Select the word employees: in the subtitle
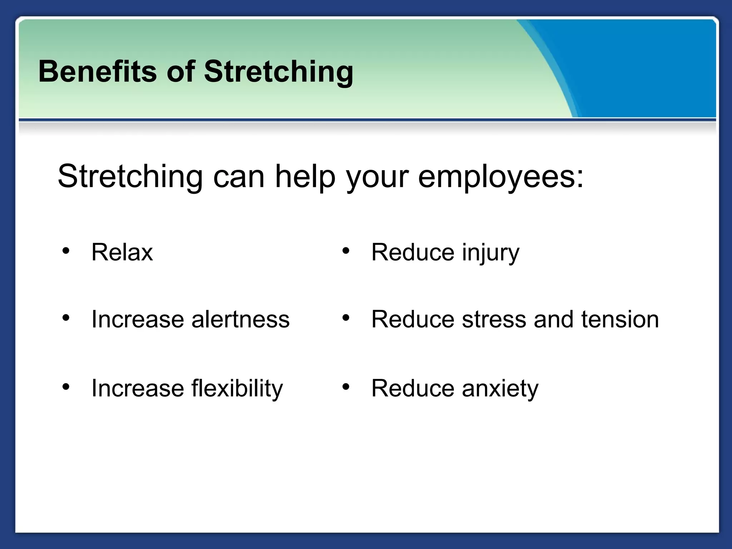pyautogui.click(x=501, y=177)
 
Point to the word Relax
pyautogui.click(x=122, y=252)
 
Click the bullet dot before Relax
pyautogui.click(x=65, y=251)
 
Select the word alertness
pyautogui.click(x=240, y=319)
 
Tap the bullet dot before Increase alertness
pyautogui.click(x=65, y=317)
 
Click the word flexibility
pyautogui.click(x=237, y=389)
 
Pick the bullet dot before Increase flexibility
pyautogui.click(x=65, y=387)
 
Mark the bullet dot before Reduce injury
pyautogui.click(x=345, y=251)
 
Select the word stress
pyautogui.click(x=494, y=319)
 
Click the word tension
pyautogui.click(x=620, y=319)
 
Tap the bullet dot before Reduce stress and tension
pyautogui.click(x=345, y=317)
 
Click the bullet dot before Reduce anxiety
pyautogui.click(x=345, y=387)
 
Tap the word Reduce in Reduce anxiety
pyautogui.click(x=412, y=389)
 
